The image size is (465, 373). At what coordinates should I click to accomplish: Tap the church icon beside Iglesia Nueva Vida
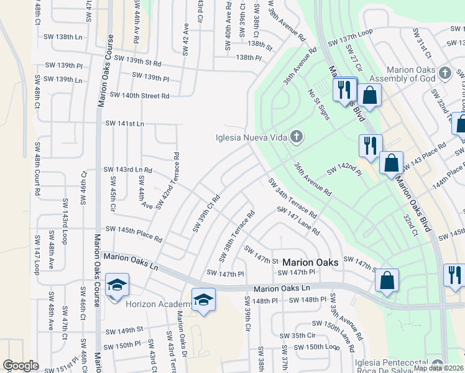(297, 137)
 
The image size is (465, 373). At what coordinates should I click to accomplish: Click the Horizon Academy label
(160, 304)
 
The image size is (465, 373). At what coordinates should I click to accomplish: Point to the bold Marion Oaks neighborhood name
(310, 262)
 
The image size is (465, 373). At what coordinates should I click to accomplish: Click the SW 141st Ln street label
(124, 124)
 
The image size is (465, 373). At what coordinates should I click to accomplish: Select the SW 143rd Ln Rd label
(127, 170)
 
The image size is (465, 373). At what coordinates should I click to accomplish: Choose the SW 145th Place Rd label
(133, 233)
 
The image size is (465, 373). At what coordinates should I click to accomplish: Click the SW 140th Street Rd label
(139, 96)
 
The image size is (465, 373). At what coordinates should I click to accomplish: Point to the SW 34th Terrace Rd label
(292, 198)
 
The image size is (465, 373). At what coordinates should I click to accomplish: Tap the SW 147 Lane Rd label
(299, 221)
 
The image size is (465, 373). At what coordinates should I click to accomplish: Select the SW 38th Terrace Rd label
(237, 236)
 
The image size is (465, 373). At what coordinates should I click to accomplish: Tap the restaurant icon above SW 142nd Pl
(371, 146)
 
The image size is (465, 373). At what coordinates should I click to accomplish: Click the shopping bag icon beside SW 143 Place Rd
(392, 163)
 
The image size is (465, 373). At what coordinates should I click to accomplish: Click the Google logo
(21, 366)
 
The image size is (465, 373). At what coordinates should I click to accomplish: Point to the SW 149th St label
(124, 330)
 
